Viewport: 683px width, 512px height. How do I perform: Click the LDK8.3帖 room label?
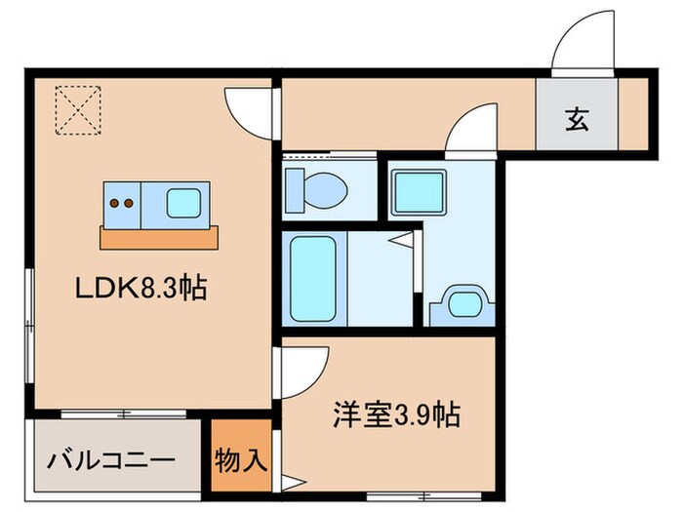pos(141,288)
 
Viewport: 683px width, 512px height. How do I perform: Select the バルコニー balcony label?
pos(111,460)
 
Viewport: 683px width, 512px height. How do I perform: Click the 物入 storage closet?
pos(241,460)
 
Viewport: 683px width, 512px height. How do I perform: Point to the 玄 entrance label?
pos(577,119)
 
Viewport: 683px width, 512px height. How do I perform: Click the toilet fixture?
pos(316,190)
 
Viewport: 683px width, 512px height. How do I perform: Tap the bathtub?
pos(313,279)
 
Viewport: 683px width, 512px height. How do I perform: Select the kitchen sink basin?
pos(183,203)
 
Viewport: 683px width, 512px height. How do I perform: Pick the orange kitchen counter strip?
pos(159,238)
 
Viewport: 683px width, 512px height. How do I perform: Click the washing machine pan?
pos(419,193)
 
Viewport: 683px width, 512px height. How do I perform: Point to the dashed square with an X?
pos(78,110)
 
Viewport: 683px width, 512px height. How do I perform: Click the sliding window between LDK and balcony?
pos(124,414)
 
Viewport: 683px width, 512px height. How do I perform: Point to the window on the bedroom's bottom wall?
pos(424,495)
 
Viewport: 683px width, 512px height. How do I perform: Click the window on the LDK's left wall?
pos(29,326)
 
